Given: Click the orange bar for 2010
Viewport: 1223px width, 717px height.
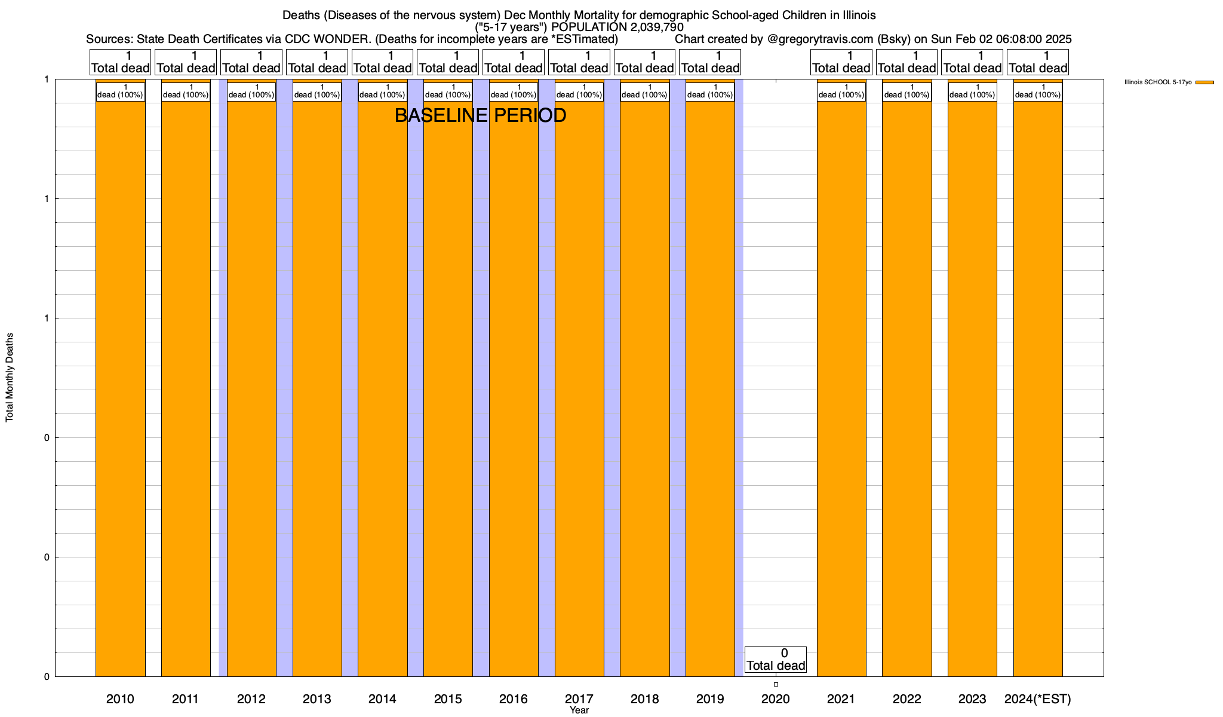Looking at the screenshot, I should (x=120, y=388).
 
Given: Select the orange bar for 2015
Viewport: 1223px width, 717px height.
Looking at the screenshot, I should (x=448, y=388).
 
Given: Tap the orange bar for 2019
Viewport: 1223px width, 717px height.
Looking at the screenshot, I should (x=710, y=388).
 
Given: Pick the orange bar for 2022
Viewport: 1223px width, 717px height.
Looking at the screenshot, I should (x=907, y=388).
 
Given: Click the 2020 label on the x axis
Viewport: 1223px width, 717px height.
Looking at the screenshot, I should (x=776, y=698).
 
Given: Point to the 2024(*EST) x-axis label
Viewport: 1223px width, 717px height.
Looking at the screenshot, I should (x=1038, y=698).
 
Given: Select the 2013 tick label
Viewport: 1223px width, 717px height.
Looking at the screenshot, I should (x=316, y=698).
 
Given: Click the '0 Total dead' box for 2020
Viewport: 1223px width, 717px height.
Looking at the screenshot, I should (x=776, y=659).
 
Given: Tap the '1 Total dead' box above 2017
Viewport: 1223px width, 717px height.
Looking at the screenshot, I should (x=579, y=62).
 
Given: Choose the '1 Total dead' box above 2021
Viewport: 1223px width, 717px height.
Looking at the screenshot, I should (x=841, y=62).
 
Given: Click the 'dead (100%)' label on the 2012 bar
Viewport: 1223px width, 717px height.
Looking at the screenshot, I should (x=251, y=91).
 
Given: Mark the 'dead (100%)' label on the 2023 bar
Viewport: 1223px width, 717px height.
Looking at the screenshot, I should (x=972, y=91).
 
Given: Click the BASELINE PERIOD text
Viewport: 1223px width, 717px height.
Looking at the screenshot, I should (x=480, y=115).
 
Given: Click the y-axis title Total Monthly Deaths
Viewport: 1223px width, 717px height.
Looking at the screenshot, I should (x=10, y=378).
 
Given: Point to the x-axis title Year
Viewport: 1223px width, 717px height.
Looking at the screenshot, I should (x=579, y=710).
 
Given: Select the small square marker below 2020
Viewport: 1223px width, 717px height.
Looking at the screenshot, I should (x=776, y=684).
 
